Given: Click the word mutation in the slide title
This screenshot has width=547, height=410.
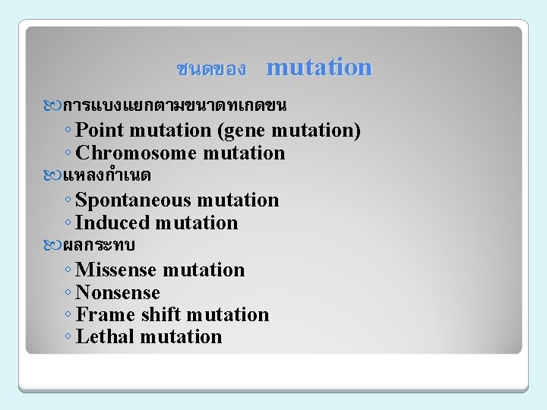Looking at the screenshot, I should pyautogui.click(x=319, y=67).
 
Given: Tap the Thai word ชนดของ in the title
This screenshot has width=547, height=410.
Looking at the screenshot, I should pyautogui.click(x=210, y=69).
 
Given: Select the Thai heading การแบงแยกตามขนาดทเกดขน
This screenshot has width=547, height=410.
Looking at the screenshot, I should pyautogui.click(x=175, y=103).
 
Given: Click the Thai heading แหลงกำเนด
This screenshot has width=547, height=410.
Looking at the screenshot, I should pyautogui.click(x=106, y=175).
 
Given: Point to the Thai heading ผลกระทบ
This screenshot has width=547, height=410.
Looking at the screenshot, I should pyautogui.click(x=99, y=244).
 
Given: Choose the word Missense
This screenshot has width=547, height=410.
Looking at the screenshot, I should pyautogui.click(x=116, y=270).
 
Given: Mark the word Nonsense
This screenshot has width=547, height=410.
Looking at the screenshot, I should pyautogui.click(x=118, y=293).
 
